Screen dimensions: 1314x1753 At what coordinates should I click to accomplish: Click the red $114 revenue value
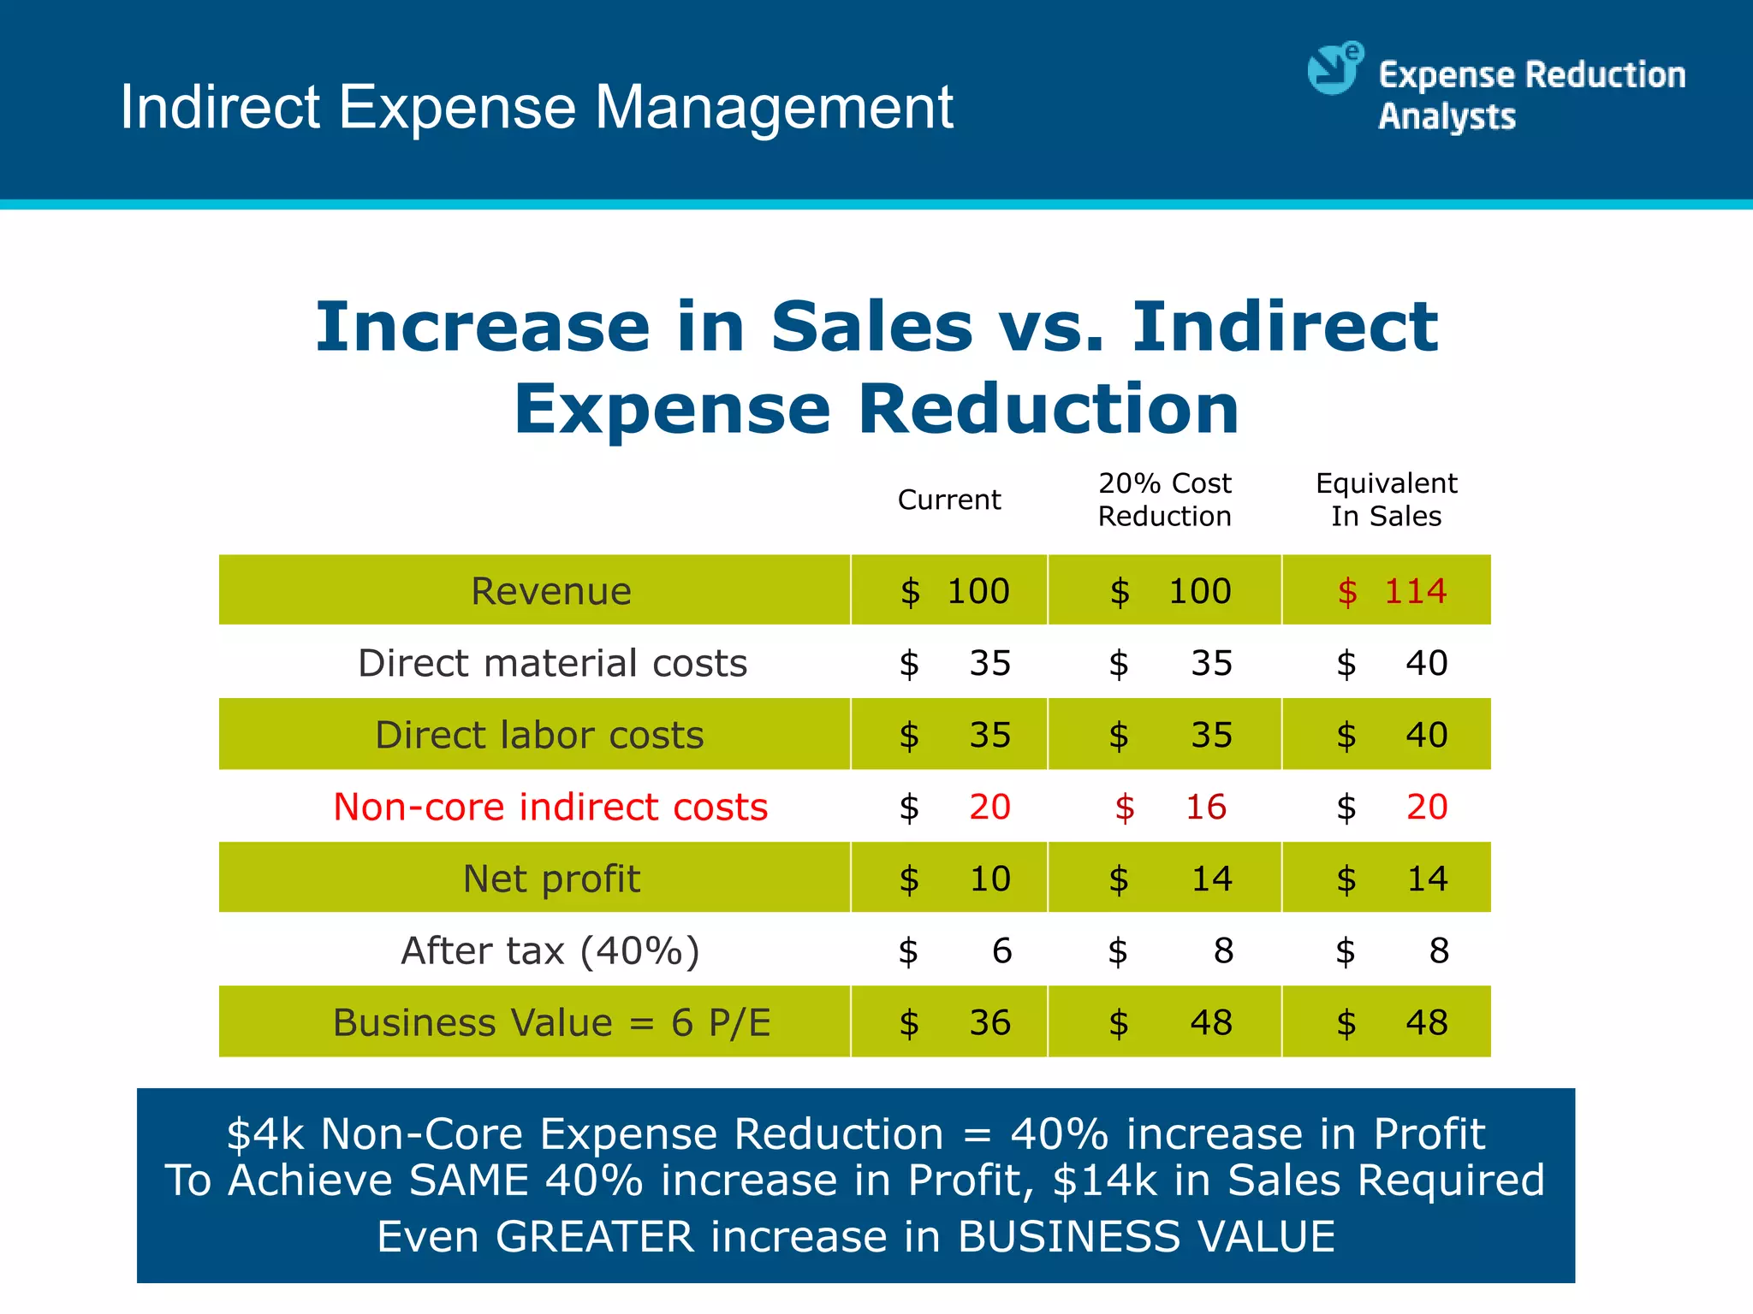[x=1393, y=591]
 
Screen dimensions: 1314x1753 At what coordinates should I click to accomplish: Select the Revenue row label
[x=550, y=591]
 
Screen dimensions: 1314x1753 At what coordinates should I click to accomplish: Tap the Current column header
[x=948, y=500]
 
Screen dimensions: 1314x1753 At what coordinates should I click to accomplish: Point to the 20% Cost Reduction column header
[x=1164, y=500]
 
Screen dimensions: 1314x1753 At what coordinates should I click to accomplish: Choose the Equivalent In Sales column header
[x=1386, y=500]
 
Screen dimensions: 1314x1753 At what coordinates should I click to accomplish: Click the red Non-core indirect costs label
[x=550, y=807]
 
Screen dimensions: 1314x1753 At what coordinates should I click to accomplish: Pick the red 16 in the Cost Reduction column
[x=1205, y=807]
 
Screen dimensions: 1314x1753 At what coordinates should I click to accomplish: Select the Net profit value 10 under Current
[x=989, y=879]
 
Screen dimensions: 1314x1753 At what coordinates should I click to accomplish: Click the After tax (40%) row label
[x=550, y=950]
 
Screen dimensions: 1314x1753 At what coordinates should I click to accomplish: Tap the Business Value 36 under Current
[x=989, y=1022]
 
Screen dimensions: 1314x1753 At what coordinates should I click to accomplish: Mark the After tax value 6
[x=1001, y=950]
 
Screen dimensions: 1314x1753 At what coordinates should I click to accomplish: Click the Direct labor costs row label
[x=539, y=735]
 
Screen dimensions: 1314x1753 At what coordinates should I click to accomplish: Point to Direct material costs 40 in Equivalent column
[x=1426, y=663]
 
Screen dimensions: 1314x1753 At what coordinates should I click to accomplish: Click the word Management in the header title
[x=774, y=108]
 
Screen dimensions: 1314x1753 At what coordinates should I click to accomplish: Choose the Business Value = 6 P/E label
[x=550, y=1022]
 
